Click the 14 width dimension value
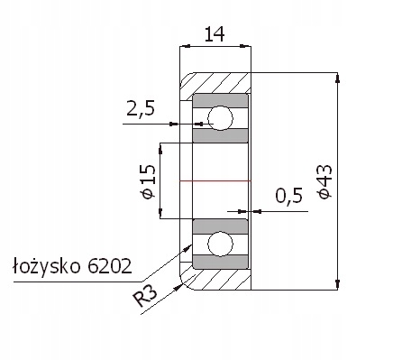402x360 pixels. click(x=215, y=34)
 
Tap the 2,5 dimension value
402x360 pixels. click(x=141, y=108)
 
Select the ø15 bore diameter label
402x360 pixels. click(x=149, y=181)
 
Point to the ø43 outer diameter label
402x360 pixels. click(x=324, y=181)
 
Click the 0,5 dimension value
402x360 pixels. click(x=289, y=196)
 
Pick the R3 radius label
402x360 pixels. click(x=145, y=296)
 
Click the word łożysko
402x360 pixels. click(x=47, y=266)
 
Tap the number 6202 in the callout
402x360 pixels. click(x=110, y=266)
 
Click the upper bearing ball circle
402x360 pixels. click(x=220, y=118)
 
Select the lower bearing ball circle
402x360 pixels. click(x=220, y=244)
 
